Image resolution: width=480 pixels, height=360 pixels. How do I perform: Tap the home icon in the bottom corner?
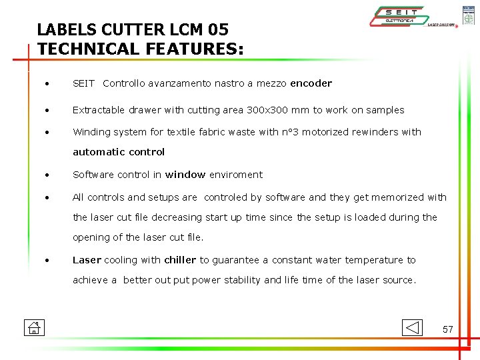[x=33, y=327]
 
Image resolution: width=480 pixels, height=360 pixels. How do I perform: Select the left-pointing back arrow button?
[x=413, y=327]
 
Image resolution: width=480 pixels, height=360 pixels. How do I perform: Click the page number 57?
[x=448, y=329]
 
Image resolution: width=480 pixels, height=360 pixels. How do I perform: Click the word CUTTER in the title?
[x=125, y=30]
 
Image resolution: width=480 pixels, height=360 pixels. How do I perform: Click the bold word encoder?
[x=311, y=83]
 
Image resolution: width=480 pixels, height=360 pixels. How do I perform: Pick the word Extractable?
[x=99, y=110]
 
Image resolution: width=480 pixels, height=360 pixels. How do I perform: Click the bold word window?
[x=185, y=175]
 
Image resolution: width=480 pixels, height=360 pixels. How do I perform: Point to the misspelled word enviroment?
[x=236, y=175]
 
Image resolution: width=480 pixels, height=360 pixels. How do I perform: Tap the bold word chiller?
[x=180, y=260]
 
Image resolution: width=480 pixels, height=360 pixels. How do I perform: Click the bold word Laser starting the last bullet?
[x=87, y=260]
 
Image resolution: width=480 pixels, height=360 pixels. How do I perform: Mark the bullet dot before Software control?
[x=48, y=175]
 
